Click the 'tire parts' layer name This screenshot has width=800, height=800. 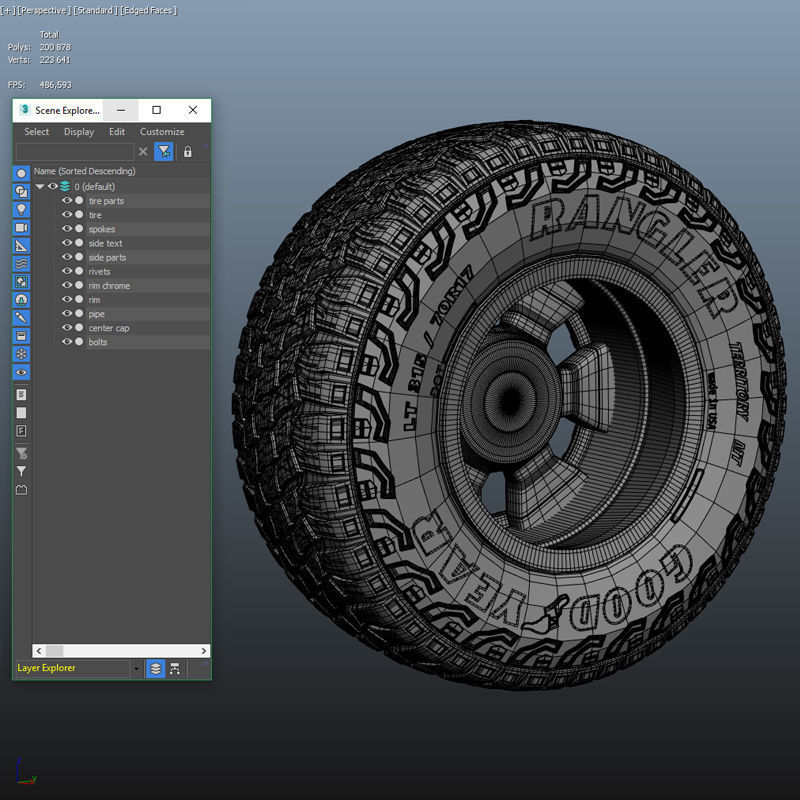106,201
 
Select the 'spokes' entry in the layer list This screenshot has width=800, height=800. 102,229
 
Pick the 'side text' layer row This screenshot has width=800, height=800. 106,243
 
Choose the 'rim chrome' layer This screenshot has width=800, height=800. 109,286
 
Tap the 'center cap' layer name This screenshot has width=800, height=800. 109,328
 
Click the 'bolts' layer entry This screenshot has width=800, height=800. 98,342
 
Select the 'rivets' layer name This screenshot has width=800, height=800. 100,272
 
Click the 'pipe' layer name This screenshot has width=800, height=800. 96,314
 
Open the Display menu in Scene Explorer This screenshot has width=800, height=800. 79,132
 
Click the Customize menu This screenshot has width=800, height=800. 162,132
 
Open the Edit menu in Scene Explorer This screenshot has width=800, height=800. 117,132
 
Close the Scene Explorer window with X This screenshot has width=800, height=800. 193,110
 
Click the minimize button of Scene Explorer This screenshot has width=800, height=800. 121,110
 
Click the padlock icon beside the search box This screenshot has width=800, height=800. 187,152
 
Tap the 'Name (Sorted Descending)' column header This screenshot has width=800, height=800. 84,172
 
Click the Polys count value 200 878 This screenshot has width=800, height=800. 55,47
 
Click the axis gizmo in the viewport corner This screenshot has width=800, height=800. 24,773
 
